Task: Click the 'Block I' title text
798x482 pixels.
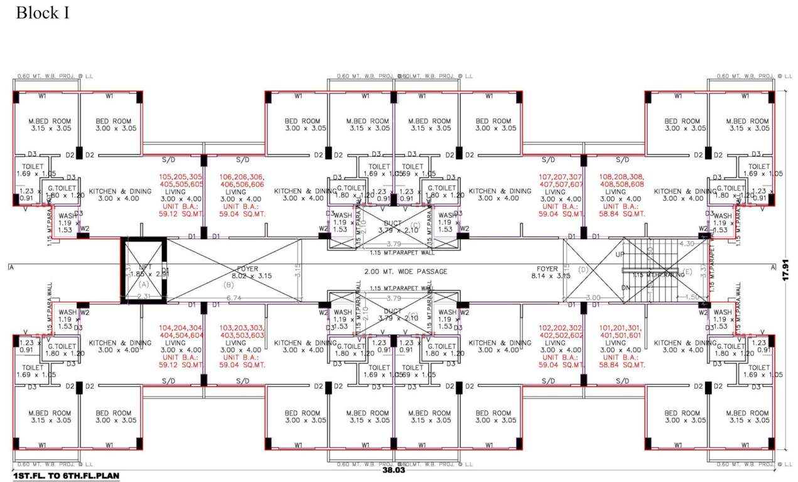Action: coord(41,13)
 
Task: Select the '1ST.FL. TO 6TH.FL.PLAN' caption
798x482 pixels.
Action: coord(65,476)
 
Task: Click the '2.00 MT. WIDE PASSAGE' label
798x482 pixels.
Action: coord(406,272)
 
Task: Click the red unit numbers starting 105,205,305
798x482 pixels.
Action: coord(181,181)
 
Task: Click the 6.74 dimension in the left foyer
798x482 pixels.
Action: coord(235,297)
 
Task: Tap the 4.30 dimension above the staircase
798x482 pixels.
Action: coord(686,244)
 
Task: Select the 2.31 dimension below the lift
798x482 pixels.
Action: coord(144,296)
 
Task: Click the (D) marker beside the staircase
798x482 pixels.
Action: coord(583,269)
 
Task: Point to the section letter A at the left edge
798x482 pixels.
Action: coord(11,268)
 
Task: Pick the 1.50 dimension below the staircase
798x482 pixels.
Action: coord(692,297)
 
